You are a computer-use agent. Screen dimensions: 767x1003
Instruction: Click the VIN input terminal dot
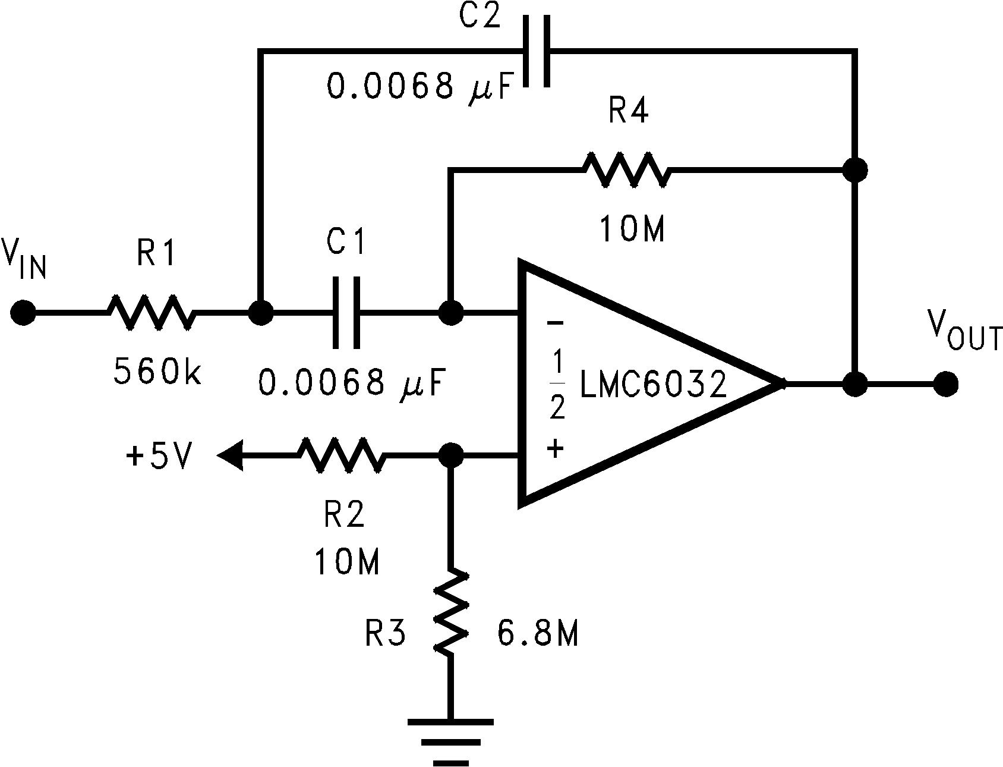coord(23,312)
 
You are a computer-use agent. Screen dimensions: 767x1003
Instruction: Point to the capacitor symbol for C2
coord(537,51)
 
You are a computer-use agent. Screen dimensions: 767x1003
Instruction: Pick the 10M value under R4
coord(632,229)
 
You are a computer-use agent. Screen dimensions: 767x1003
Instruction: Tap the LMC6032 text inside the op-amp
coord(653,385)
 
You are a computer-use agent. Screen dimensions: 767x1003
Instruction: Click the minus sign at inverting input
coord(554,324)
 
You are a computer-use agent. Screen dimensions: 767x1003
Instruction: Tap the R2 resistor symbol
coord(341,456)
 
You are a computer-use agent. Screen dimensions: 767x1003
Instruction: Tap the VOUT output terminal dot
coord(945,384)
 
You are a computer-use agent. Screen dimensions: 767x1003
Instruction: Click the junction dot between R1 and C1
coord(260,312)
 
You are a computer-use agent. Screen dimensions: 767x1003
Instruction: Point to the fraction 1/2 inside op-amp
coord(556,385)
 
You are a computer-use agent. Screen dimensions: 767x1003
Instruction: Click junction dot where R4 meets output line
coord(855,170)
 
